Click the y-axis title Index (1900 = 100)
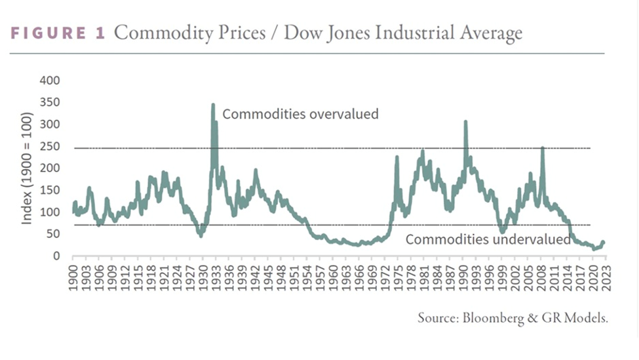(28, 169)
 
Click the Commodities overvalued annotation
(300, 114)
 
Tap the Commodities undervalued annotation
(488, 240)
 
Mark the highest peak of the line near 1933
(213, 104)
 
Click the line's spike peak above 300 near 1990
(465, 122)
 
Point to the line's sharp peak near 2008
(543, 148)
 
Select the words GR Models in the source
(579, 319)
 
